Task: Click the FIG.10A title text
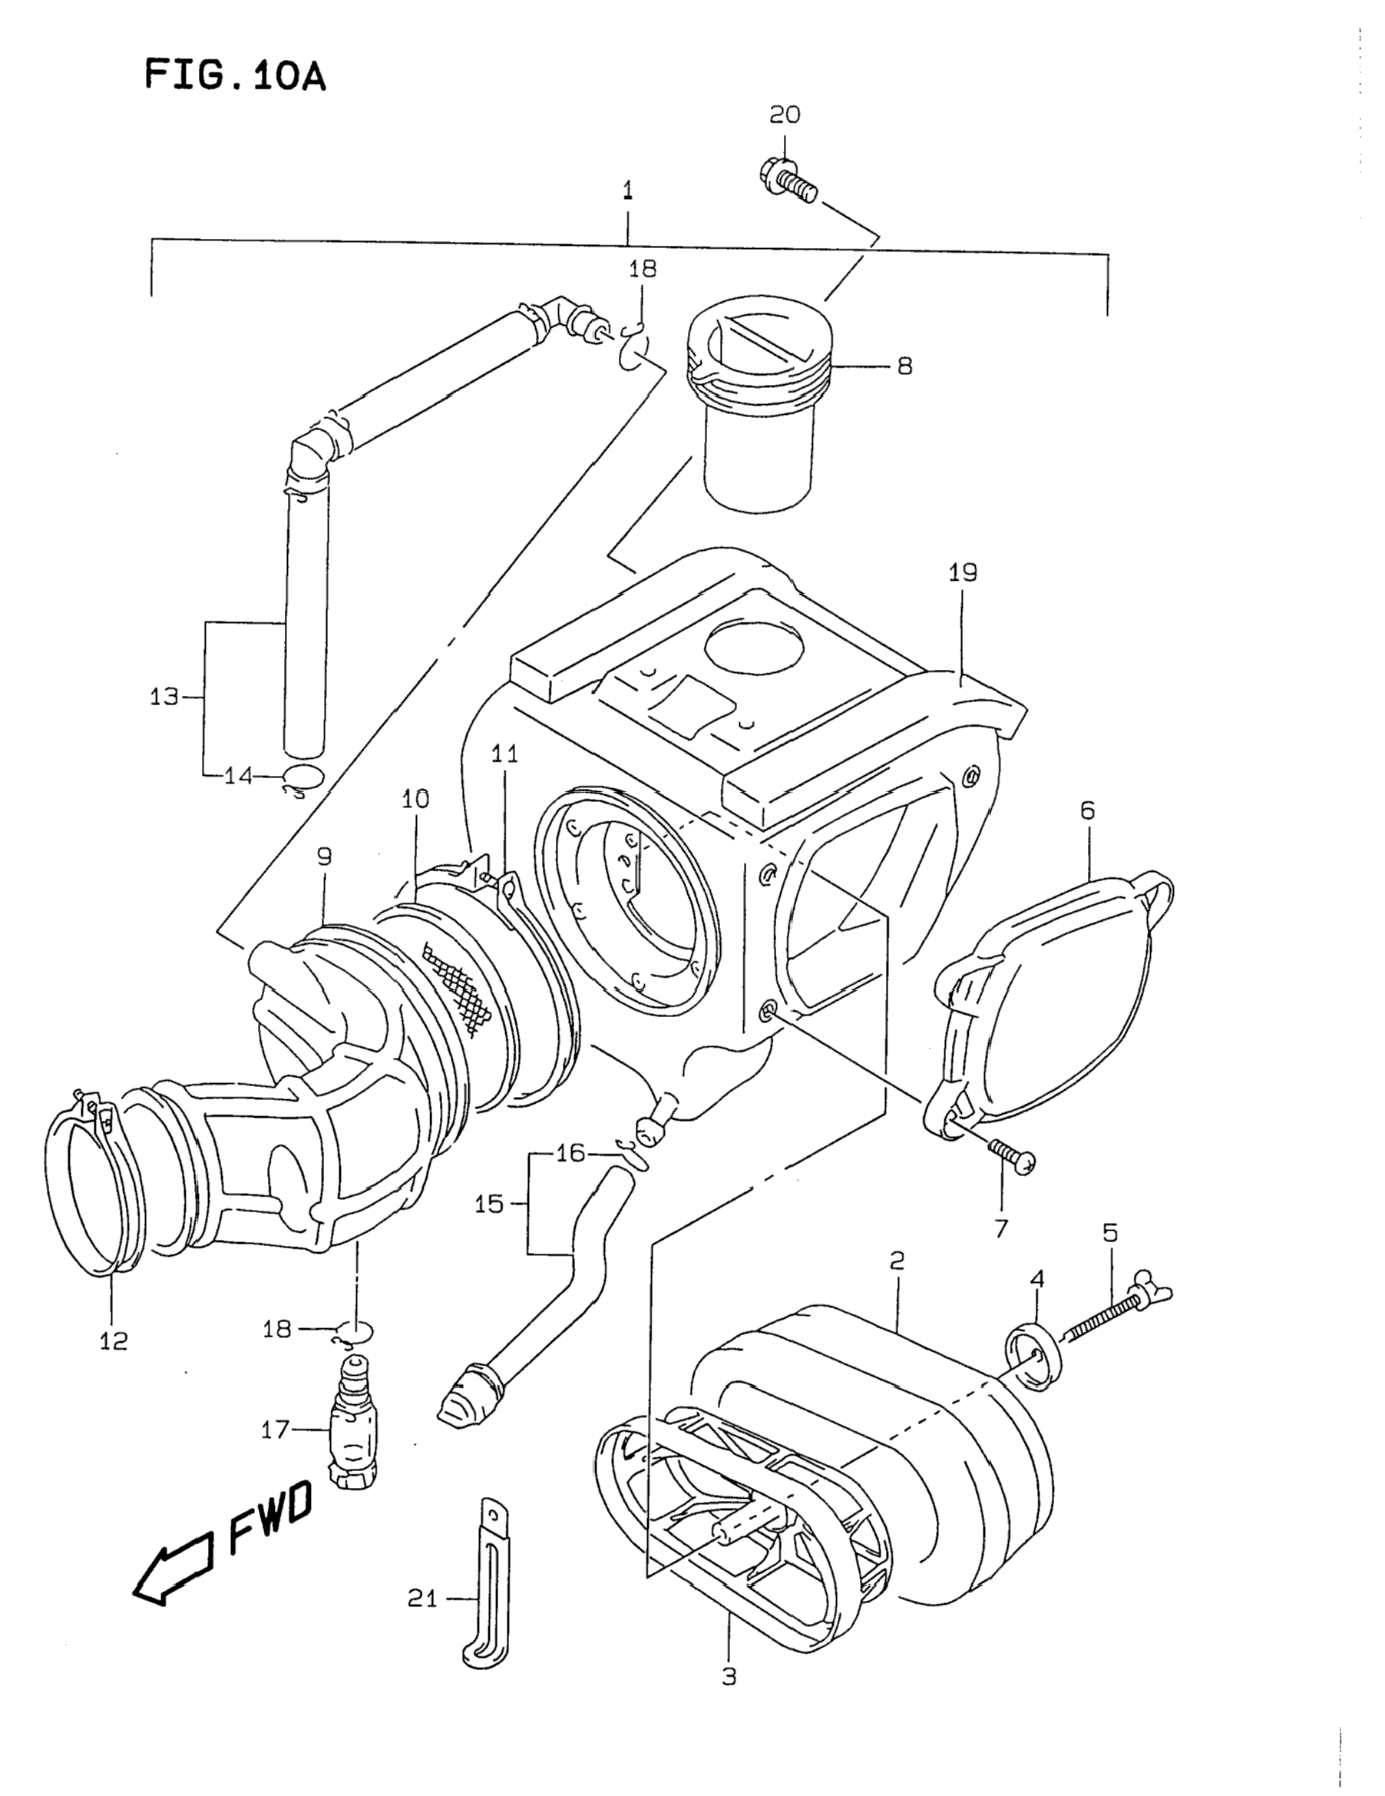point(235,75)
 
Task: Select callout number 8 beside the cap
point(904,366)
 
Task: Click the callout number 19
point(963,573)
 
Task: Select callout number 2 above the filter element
point(897,1259)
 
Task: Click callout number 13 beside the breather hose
point(164,698)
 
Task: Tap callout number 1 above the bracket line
point(628,191)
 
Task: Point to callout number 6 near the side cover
point(1087,811)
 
